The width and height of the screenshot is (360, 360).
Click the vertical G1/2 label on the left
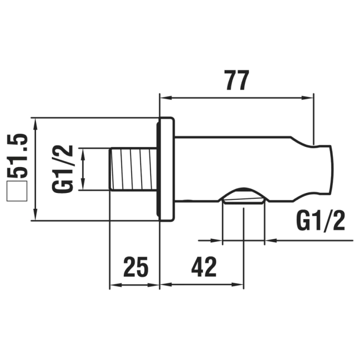[x=62, y=169]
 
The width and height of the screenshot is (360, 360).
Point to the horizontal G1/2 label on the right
[x=321, y=222]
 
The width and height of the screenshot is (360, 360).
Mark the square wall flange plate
[x=167, y=169]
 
